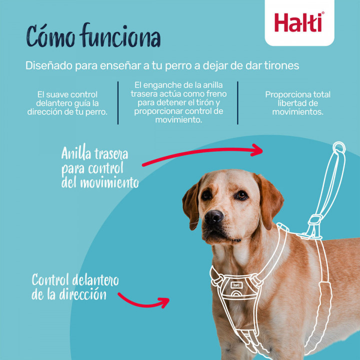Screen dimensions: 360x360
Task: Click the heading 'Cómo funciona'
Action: click(x=93, y=38)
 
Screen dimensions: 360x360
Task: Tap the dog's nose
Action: click(x=213, y=216)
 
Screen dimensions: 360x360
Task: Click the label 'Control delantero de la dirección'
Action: click(x=75, y=286)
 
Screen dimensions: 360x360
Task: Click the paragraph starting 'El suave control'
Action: click(x=67, y=103)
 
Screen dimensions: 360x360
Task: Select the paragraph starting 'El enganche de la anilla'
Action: click(x=178, y=103)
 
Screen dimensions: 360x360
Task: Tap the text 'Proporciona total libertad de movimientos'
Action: click(x=297, y=103)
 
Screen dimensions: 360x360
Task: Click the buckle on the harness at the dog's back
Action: click(x=314, y=220)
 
